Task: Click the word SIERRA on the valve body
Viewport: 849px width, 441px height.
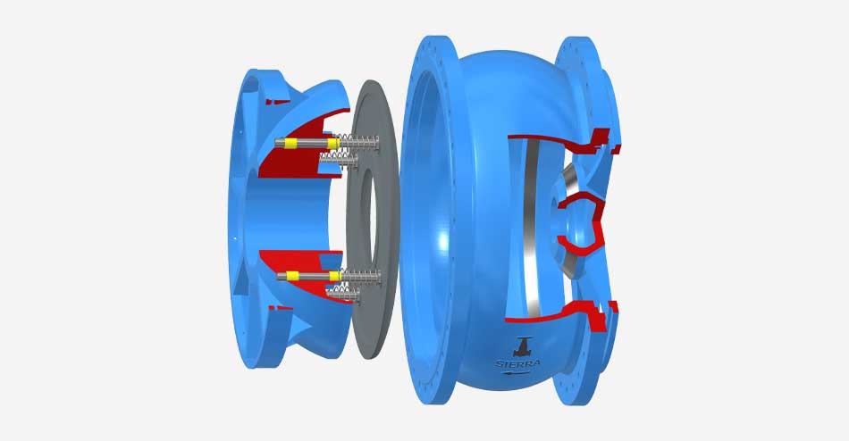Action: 517,363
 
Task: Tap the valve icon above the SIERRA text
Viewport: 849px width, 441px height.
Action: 523,347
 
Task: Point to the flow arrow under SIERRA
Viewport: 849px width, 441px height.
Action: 515,372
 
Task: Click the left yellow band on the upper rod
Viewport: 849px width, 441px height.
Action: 291,144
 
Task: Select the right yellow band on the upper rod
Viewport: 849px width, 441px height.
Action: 333,144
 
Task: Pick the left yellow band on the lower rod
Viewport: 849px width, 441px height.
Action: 292,276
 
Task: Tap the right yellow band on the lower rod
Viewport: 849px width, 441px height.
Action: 334,277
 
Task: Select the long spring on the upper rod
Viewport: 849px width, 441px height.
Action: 359,144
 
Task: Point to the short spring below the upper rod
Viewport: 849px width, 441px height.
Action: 339,159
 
